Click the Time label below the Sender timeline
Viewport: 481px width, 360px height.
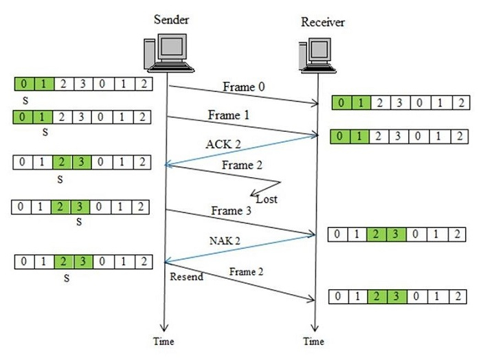pos(164,341)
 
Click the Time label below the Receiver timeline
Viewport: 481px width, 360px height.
pos(313,341)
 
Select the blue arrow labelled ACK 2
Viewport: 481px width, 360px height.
pos(240,150)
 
